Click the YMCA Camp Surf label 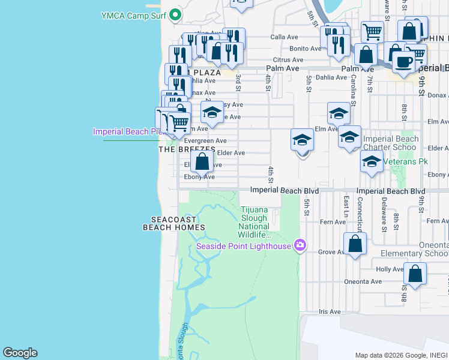133,15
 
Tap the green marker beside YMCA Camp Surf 175,14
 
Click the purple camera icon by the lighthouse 300,245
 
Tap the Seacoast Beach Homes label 174,223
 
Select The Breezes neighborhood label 187,149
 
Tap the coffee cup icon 403,62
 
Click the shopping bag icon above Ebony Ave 202,161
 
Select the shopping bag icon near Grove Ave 355,244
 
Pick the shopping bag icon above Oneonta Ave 415,274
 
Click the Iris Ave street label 330,312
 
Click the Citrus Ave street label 288,60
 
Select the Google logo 20,353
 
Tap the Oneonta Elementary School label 414,249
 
